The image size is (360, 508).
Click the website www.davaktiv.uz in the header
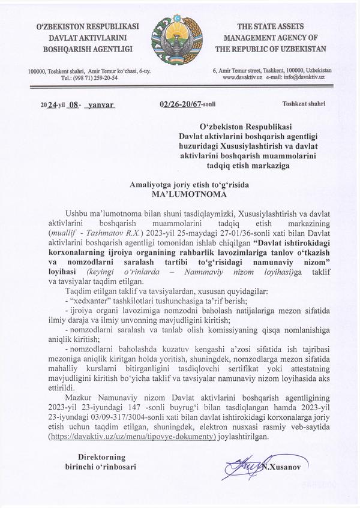(242, 78)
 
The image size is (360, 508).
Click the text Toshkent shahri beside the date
(304, 104)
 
